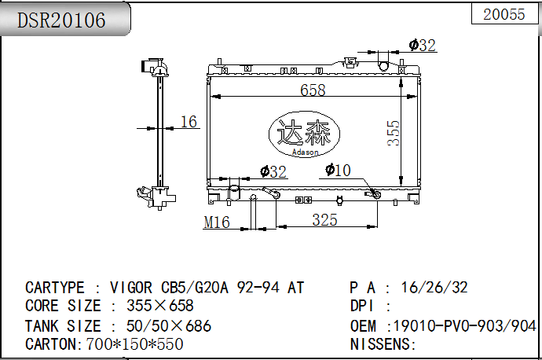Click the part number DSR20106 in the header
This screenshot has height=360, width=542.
pyautogui.click(x=61, y=20)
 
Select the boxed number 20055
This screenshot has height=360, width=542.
pyautogui.click(x=504, y=14)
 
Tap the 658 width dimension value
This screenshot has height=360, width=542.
pyautogui.click(x=313, y=90)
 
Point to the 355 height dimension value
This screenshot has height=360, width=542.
pyautogui.click(x=394, y=133)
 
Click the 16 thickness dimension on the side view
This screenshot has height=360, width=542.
pyautogui.click(x=189, y=122)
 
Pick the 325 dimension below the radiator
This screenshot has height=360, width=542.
pyautogui.click(x=324, y=220)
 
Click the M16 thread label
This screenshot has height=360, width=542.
pyautogui.click(x=217, y=222)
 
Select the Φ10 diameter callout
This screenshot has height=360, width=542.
pyautogui.click(x=338, y=170)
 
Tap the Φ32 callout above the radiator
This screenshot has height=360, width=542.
pyautogui.click(x=422, y=46)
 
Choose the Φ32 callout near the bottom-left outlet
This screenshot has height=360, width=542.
pyautogui.click(x=273, y=172)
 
